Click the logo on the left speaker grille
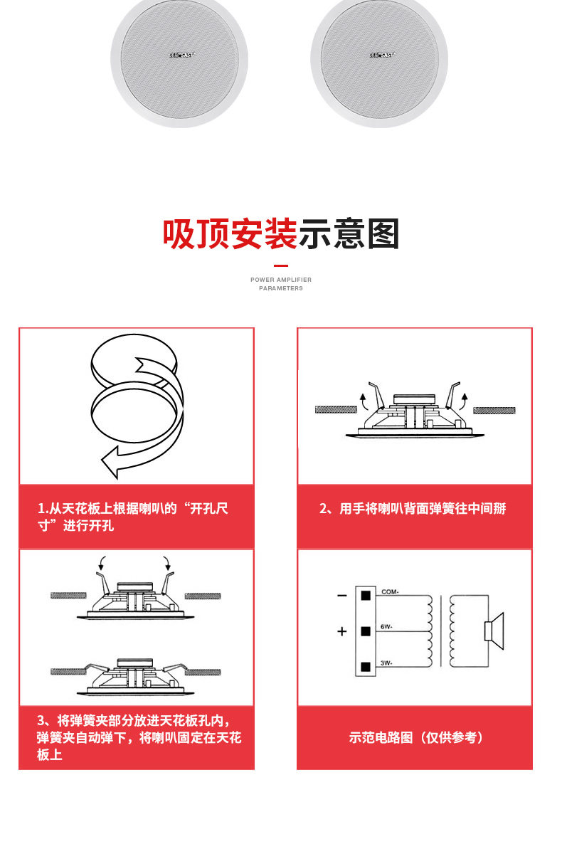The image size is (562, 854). click(183, 54)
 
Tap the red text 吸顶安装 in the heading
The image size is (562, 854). click(230, 234)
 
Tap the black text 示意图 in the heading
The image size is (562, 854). click(349, 234)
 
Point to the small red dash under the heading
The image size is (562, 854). click(281, 266)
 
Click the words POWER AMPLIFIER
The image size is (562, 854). click(281, 280)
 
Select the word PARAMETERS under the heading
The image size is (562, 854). click(281, 288)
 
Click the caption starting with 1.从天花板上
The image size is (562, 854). click(134, 517)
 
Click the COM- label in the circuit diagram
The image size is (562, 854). click(390, 592)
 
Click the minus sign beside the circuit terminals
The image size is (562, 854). click(342, 595)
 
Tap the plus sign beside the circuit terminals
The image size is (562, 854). click(342, 631)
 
